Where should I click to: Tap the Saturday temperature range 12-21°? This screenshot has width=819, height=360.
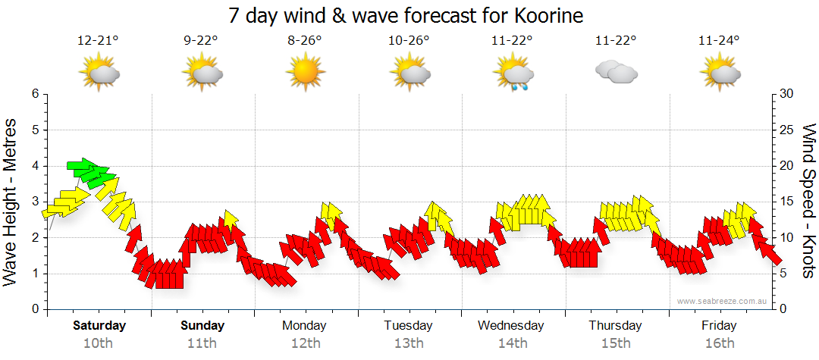point(99,41)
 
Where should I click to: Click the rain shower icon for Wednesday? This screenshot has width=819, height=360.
point(513,74)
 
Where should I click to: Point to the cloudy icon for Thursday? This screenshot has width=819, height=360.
point(616,72)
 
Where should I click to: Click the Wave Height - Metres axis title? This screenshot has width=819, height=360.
point(11,200)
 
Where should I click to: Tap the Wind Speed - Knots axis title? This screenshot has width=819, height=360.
point(808,200)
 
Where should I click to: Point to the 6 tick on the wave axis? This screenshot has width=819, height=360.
point(34,94)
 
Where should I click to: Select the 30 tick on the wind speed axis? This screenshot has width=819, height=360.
point(787,94)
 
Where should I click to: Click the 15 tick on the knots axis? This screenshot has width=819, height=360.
point(787,202)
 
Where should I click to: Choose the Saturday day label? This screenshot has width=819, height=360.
point(99,326)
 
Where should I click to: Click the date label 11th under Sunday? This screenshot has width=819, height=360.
point(202,343)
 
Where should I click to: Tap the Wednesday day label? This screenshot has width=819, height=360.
point(511,326)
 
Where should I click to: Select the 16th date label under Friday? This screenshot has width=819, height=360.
point(719,343)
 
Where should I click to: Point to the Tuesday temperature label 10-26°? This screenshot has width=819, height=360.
point(409,41)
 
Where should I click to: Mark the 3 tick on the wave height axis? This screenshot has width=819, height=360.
point(34,202)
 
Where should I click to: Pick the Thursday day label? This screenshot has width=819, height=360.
point(615,326)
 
